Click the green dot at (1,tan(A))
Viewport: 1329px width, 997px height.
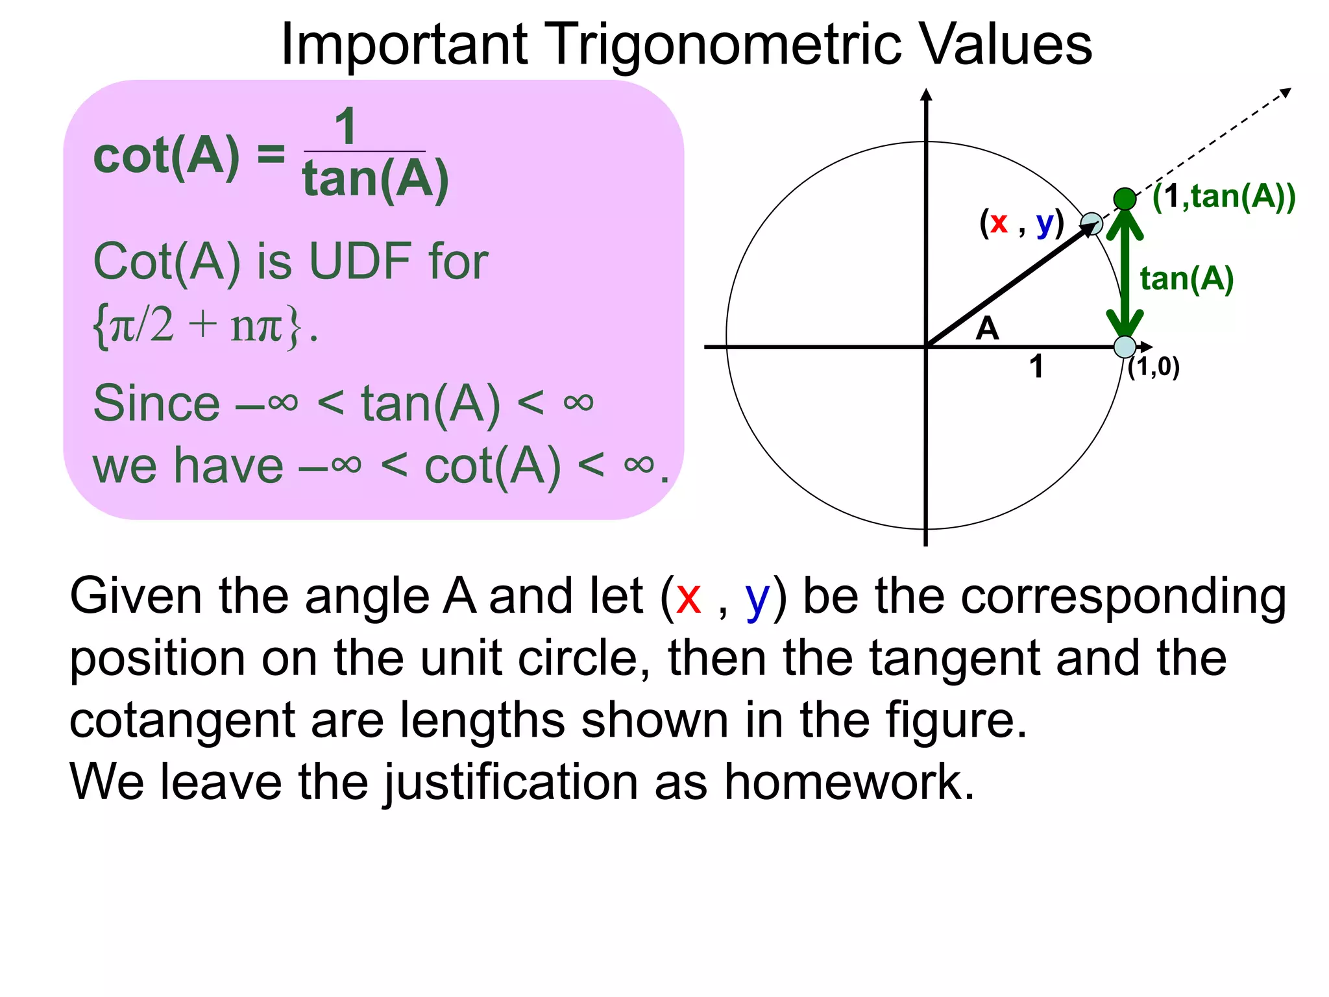pyautogui.click(x=1125, y=199)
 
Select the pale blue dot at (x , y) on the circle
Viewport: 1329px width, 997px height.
pyautogui.click(x=1091, y=224)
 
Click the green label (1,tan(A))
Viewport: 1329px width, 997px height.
pyautogui.click(x=1223, y=196)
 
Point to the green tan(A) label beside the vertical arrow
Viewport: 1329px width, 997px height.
pyautogui.click(x=1186, y=279)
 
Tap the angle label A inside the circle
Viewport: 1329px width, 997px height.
pyautogui.click(x=987, y=328)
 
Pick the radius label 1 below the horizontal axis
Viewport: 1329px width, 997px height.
pyautogui.click(x=1036, y=366)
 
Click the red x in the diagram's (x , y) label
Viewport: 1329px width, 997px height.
pyautogui.click(x=999, y=223)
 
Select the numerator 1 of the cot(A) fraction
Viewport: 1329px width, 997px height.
pyautogui.click(x=345, y=127)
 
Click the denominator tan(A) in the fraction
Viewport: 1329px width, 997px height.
pyautogui.click(x=375, y=178)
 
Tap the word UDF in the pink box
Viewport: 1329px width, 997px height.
pyautogui.click(x=360, y=262)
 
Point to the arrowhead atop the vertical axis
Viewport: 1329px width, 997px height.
pyautogui.click(x=926, y=95)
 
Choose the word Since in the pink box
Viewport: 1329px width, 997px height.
pyautogui.click(x=156, y=403)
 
